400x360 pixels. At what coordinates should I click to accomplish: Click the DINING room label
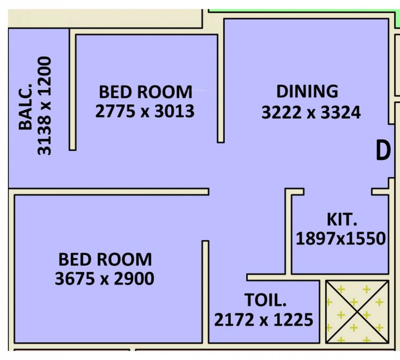click(307, 91)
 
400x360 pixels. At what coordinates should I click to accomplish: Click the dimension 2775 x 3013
click(144, 112)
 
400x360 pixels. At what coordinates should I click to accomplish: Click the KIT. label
click(341, 219)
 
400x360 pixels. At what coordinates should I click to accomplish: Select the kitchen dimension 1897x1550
click(340, 239)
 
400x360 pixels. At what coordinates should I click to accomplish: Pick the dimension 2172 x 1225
click(264, 320)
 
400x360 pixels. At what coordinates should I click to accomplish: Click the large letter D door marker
click(383, 151)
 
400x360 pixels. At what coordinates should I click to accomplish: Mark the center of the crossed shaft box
click(357, 311)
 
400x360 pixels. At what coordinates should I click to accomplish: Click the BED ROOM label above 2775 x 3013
click(145, 91)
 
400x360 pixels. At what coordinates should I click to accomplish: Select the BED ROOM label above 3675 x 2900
click(105, 259)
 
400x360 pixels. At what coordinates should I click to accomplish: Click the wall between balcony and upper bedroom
click(73, 89)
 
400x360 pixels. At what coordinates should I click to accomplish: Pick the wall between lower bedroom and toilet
click(205, 291)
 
